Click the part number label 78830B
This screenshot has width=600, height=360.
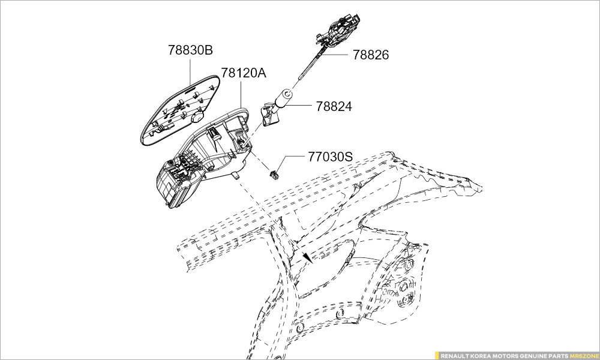pos(190,50)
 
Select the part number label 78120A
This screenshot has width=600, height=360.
pos(244,73)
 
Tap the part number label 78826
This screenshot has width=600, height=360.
pos(370,55)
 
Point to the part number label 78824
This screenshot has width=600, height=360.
pos(334,106)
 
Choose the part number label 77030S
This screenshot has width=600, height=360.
pos(331,157)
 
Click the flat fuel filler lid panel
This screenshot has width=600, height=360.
pos(181,110)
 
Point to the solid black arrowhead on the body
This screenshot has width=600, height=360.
pos(307,258)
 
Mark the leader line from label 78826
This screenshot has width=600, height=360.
pos(334,55)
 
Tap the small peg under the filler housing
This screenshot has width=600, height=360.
pos(236,176)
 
